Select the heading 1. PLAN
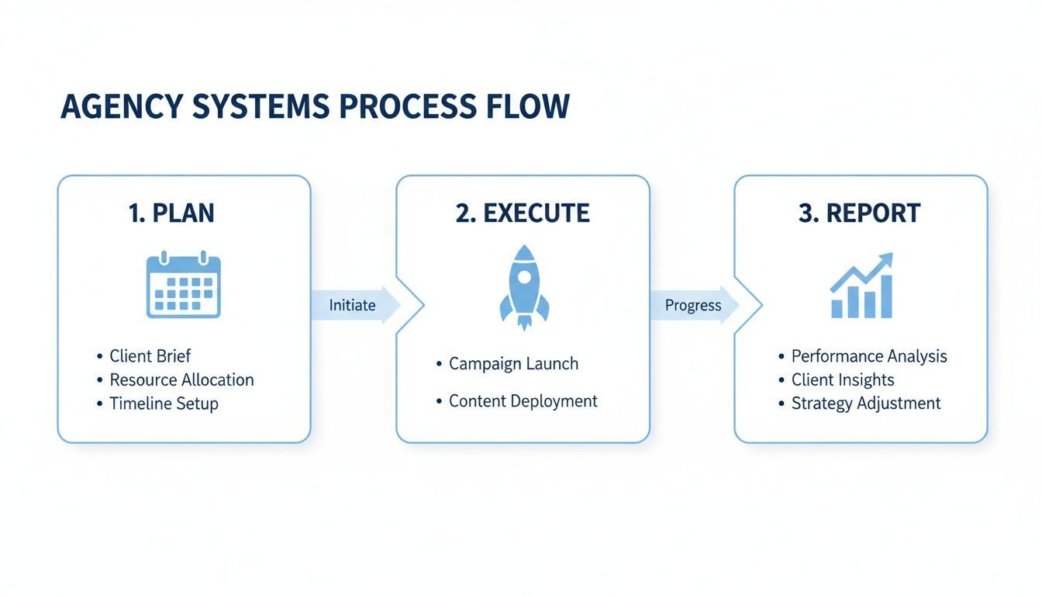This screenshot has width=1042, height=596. (x=171, y=213)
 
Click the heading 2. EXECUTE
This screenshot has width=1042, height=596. (x=523, y=213)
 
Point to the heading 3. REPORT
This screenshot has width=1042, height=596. (x=860, y=213)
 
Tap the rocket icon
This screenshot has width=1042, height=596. (x=524, y=286)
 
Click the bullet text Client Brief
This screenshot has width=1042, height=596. (x=150, y=356)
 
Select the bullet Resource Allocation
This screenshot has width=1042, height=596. (x=181, y=380)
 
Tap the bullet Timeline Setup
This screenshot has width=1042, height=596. (x=164, y=404)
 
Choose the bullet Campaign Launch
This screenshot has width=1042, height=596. (x=513, y=363)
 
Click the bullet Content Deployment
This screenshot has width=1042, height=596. (x=523, y=401)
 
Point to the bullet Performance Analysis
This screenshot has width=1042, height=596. (x=868, y=356)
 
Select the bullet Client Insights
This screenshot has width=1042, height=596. (x=842, y=380)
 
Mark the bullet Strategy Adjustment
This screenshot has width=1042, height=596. (x=865, y=404)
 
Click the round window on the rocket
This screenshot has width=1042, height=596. (x=525, y=275)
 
